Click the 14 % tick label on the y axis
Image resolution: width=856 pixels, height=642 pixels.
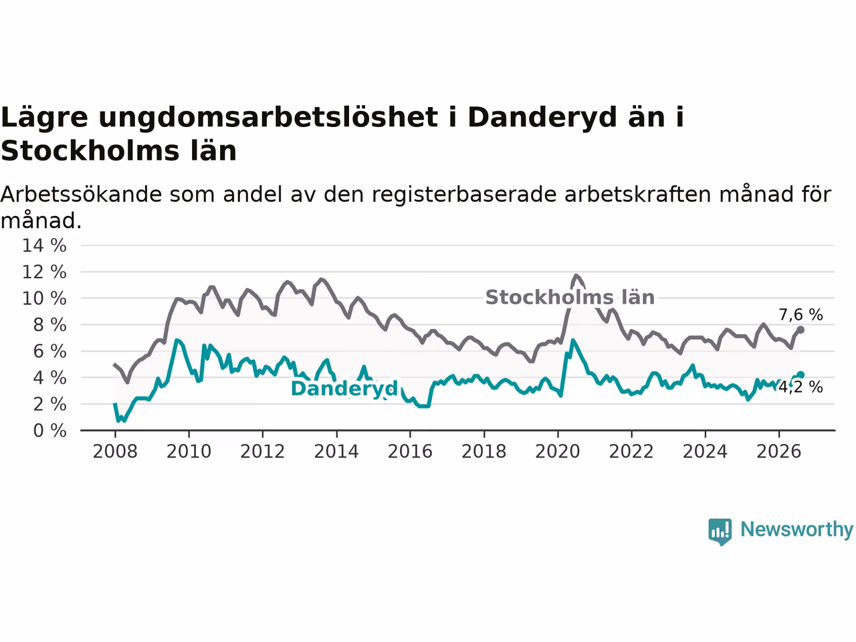click(x=44, y=246)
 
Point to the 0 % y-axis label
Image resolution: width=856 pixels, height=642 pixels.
click(x=49, y=431)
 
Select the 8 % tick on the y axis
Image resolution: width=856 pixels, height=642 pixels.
click(x=49, y=325)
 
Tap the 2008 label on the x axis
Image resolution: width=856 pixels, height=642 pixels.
click(x=115, y=452)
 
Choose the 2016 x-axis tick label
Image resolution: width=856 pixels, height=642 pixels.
click(x=410, y=452)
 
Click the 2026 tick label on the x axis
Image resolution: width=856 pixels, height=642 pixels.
click(x=779, y=452)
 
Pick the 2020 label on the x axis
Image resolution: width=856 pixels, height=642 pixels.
click(x=558, y=452)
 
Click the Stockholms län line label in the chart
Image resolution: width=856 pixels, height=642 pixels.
click(x=570, y=298)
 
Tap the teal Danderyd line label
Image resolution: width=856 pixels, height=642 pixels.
click(x=344, y=389)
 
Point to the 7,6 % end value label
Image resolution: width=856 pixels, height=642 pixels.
click(x=800, y=315)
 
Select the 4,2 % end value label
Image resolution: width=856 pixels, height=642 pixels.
click(x=800, y=387)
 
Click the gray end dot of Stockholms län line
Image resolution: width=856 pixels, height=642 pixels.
click(x=800, y=330)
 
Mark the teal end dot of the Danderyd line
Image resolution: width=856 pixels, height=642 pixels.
click(x=800, y=375)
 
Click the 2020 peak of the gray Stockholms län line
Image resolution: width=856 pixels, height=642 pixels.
click(x=576, y=276)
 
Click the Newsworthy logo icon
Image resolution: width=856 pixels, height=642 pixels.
click(x=720, y=532)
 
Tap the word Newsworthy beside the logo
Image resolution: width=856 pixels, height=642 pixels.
click(x=796, y=530)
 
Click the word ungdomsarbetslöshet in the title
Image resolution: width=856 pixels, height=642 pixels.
click(x=269, y=118)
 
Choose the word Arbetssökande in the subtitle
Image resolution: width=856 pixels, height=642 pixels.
click(x=81, y=194)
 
